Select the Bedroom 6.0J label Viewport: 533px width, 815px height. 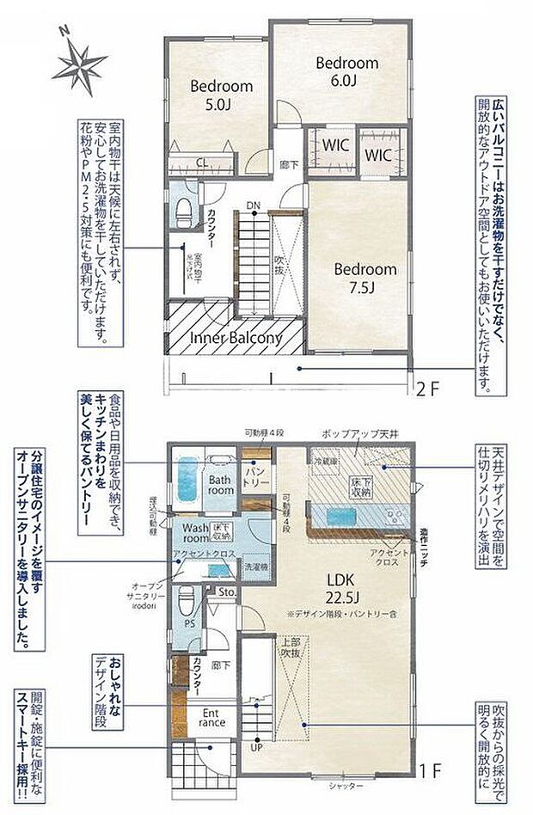click(346, 70)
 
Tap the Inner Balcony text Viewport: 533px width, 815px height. click(236, 339)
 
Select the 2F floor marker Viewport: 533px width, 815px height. click(428, 387)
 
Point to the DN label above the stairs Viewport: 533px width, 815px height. click(253, 205)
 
